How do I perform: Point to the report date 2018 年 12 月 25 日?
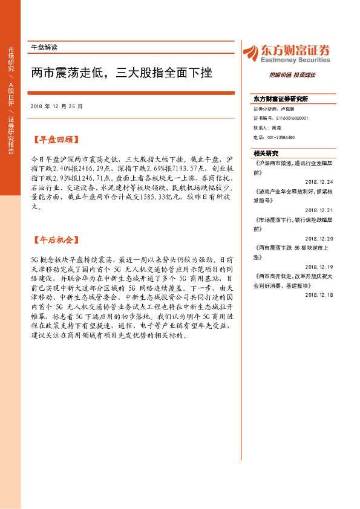click(x=56, y=106)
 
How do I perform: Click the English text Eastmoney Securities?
click(x=294, y=60)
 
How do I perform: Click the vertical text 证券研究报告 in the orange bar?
click(x=10, y=135)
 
